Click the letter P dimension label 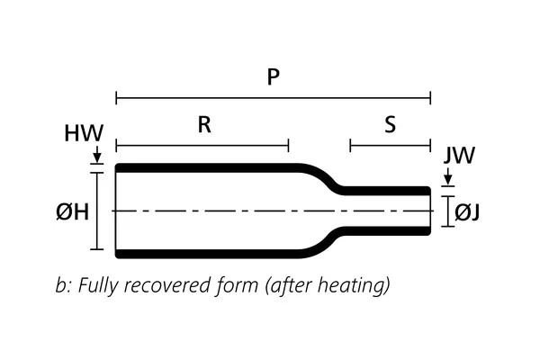(x=274, y=77)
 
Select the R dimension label (x=204, y=126)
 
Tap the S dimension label (x=390, y=126)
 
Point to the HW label (x=84, y=135)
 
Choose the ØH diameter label (x=72, y=212)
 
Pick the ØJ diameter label (x=467, y=211)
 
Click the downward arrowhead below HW (x=98, y=159)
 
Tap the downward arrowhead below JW (x=447, y=183)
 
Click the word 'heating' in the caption (x=357, y=286)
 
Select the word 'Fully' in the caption (x=98, y=286)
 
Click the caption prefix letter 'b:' (x=63, y=286)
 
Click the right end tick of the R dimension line (x=288, y=145)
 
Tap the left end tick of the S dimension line (x=351, y=145)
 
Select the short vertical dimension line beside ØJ (x=447, y=211)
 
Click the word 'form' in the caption (x=238, y=286)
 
